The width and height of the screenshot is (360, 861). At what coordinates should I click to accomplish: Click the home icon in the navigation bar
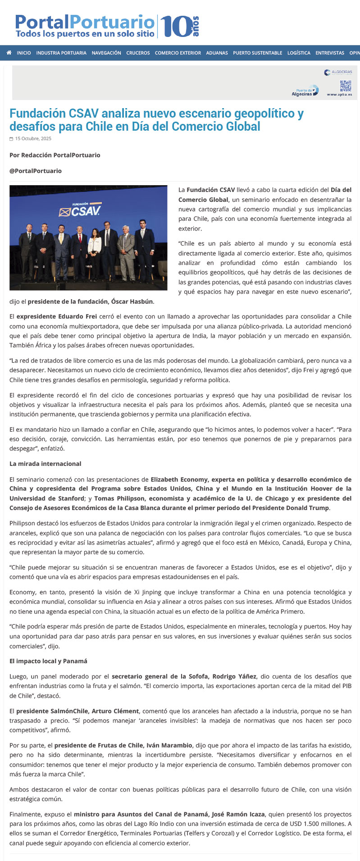(9, 53)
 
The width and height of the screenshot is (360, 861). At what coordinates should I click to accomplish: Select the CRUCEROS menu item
(138, 53)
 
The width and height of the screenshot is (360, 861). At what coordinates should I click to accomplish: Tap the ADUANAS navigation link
(217, 53)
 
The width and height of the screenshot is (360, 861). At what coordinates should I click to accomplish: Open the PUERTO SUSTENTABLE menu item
(257, 53)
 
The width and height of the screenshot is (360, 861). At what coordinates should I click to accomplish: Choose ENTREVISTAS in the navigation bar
(329, 53)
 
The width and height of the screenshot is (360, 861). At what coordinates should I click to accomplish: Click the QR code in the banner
(345, 86)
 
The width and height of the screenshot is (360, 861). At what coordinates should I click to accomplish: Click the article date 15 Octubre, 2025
(33, 139)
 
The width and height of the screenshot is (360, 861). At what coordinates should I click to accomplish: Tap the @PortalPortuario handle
(36, 171)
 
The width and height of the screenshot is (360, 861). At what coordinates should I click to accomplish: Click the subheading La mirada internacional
(46, 464)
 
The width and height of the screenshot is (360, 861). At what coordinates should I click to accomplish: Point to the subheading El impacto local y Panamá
(48, 661)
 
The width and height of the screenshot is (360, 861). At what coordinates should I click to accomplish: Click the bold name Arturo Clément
(116, 711)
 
